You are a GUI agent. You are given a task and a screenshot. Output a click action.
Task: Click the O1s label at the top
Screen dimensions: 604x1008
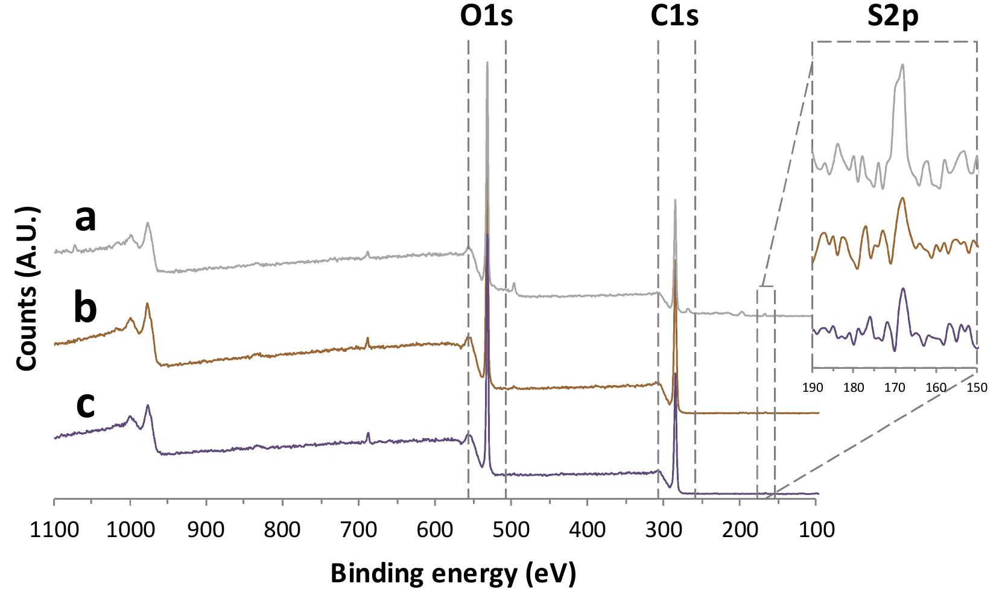point(486,16)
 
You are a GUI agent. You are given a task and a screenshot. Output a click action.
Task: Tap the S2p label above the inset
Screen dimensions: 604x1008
point(893,16)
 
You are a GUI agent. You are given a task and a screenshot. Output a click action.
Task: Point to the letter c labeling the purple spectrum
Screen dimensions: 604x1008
point(85,405)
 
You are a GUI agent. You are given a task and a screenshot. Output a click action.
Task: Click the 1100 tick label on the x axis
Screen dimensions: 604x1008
point(54,532)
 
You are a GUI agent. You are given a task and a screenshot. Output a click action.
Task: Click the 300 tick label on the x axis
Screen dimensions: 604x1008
point(664,532)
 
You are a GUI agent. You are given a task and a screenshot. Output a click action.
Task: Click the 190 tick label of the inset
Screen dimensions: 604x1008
point(813,388)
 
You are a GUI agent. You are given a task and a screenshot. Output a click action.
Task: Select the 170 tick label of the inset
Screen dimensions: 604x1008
point(895,388)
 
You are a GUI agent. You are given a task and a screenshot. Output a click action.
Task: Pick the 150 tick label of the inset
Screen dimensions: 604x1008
point(977,388)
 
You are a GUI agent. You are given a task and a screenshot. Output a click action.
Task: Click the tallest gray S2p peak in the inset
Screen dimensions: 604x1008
point(902,66)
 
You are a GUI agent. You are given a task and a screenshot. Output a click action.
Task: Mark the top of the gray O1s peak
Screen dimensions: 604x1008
point(487,63)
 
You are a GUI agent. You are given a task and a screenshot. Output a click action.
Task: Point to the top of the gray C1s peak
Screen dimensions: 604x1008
point(675,201)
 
